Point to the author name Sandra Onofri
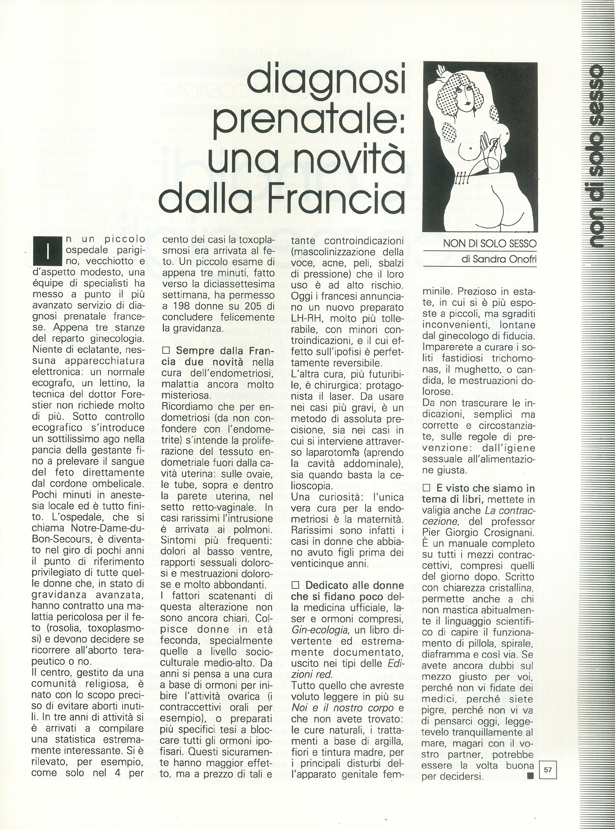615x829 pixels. (499, 260)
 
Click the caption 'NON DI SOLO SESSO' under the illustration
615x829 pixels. (490, 244)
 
